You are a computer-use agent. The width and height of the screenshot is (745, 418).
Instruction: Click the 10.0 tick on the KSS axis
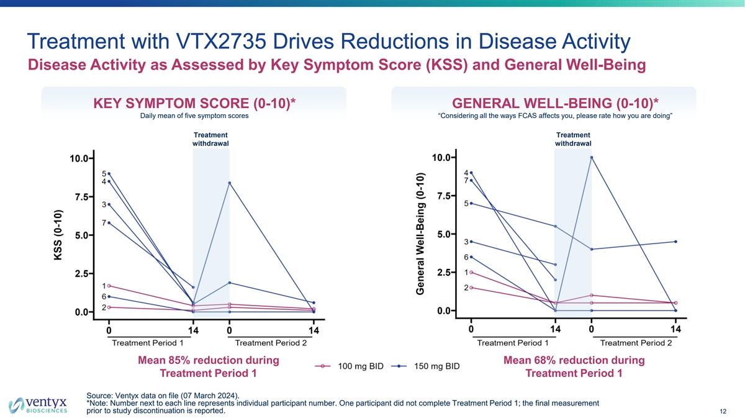78,158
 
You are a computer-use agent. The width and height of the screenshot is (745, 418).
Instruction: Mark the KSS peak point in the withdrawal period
230,183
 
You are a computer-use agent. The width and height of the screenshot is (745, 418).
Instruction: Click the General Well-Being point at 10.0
592,157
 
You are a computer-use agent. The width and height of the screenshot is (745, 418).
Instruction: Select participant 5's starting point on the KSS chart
109,174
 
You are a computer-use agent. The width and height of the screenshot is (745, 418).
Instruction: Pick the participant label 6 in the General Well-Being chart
466,257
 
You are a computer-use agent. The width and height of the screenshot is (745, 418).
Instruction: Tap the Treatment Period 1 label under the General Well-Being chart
512,343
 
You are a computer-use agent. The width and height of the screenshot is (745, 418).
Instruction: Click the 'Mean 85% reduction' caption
207,360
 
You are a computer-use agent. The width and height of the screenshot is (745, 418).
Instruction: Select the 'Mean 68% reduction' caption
574,360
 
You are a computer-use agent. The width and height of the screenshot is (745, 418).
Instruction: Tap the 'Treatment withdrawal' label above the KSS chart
211,139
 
